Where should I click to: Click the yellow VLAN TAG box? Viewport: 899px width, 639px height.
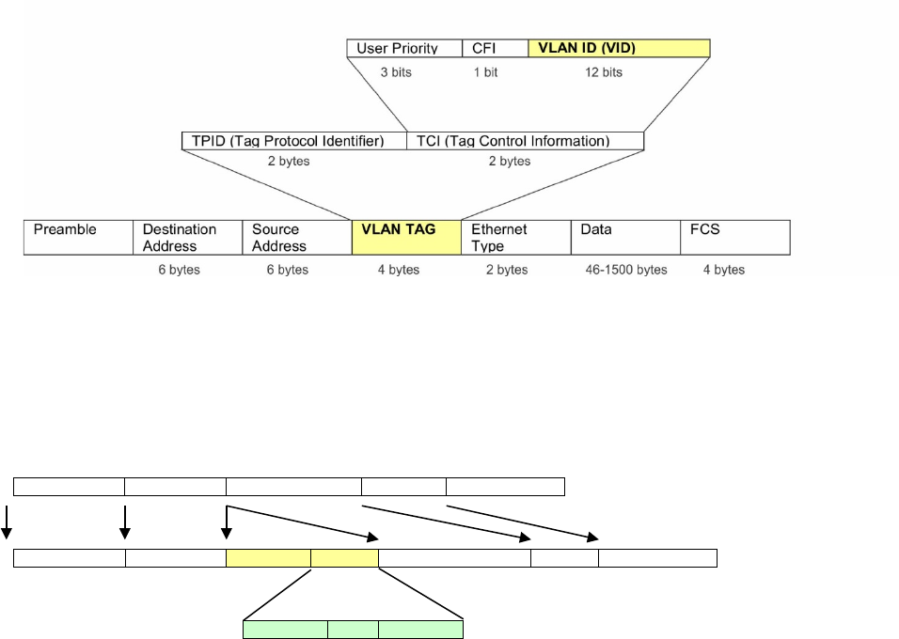coord(406,238)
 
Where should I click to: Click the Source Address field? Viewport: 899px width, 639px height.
coord(296,238)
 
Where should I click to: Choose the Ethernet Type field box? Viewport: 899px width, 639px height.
coord(515,238)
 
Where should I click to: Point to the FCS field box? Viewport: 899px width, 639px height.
coord(734,238)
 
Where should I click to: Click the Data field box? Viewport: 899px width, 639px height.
coord(624,238)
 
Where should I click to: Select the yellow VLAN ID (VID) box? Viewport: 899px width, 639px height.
coord(619,48)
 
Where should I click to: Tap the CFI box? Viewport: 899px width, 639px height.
coord(495,48)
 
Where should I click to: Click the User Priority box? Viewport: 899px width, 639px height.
coord(404,48)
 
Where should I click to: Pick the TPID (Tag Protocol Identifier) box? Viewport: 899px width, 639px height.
coord(293,141)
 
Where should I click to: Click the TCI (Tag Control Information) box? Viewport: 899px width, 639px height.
coord(525,141)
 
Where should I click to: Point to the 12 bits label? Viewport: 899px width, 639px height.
coord(600,72)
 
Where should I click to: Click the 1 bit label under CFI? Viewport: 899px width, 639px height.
coord(485,72)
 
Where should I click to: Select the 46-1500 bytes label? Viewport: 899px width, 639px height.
coord(625,270)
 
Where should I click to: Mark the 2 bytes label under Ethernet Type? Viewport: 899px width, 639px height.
coord(507,270)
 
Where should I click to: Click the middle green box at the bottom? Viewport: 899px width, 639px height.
coord(354,630)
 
